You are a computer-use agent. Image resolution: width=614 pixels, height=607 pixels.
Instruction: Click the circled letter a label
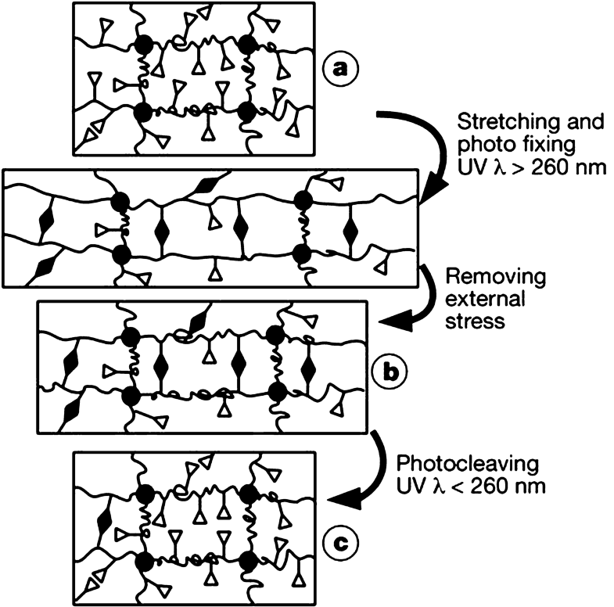point(339,70)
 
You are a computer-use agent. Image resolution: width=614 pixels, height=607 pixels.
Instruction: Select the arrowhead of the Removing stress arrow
point(389,321)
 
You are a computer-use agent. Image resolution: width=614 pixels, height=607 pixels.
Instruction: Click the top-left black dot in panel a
point(143,42)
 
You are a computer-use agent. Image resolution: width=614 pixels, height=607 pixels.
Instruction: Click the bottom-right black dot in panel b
point(275,396)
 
